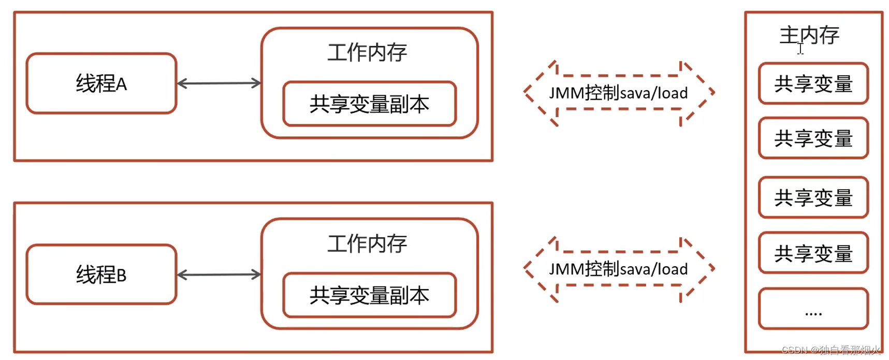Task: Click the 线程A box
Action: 101,83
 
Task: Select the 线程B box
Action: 101,275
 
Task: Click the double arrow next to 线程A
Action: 218,83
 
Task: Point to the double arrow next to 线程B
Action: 218,275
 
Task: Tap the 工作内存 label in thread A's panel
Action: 367,52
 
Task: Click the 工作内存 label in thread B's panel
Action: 367,243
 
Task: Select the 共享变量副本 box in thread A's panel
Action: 369,104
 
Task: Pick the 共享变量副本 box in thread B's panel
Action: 369,295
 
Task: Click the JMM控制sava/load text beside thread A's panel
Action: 618,93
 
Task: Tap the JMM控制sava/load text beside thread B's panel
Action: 618,269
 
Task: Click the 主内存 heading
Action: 809,35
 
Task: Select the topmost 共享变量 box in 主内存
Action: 813,84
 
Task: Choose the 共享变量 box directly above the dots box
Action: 813,253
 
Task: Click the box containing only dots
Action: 813,309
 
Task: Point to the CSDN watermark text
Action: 830,350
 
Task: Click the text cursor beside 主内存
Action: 800,49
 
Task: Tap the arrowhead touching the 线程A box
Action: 181,83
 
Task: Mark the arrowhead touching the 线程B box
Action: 181,275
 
